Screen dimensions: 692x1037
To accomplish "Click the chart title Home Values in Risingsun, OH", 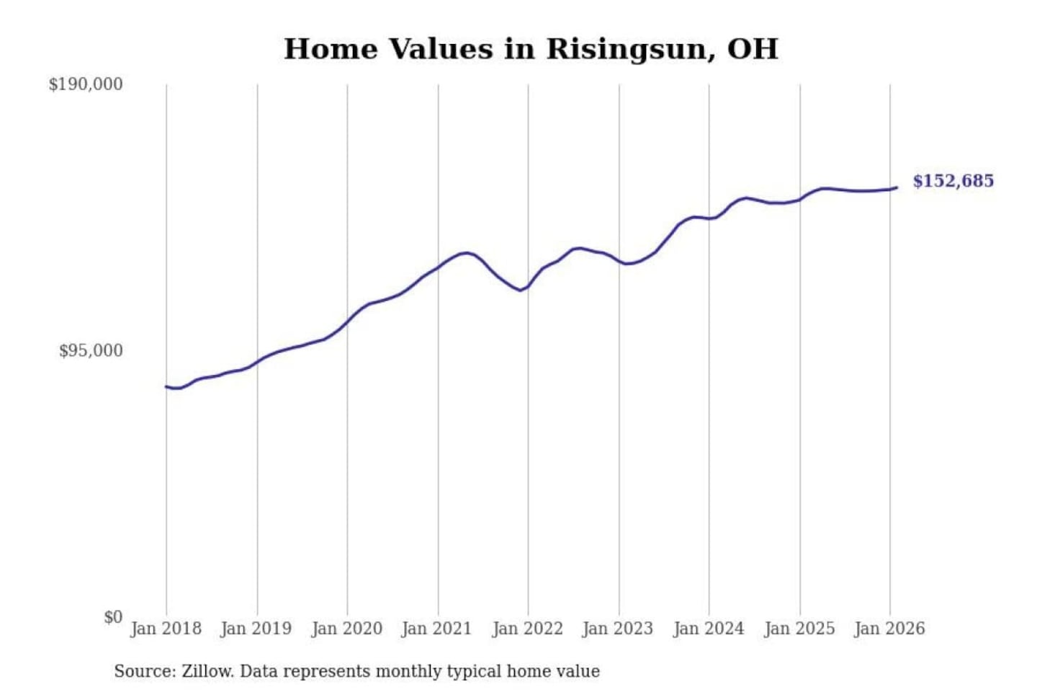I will pyautogui.click(x=531, y=49).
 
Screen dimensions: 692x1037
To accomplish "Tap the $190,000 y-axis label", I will pyautogui.click(x=86, y=84).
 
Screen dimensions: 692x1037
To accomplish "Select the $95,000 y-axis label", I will pyautogui.click(x=91, y=351).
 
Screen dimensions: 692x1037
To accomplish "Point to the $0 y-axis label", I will pyautogui.click(x=112, y=617).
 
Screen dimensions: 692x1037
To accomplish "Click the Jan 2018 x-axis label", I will pyautogui.click(x=166, y=629).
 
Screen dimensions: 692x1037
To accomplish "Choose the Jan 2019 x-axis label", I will pyautogui.click(x=256, y=629).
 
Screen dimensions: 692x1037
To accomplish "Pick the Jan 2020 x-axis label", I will pyautogui.click(x=346, y=629).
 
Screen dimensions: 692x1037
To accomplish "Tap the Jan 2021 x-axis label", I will pyautogui.click(x=436, y=629).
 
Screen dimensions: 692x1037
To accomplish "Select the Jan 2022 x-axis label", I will pyautogui.click(x=527, y=629).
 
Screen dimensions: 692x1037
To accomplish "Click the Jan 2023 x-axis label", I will pyautogui.click(x=617, y=629).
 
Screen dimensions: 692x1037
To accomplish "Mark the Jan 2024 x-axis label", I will pyautogui.click(x=708, y=629).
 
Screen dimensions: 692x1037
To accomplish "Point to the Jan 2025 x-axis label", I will pyautogui.click(x=799, y=629).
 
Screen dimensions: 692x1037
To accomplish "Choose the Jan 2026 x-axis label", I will pyautogui.click(x=889, y=629).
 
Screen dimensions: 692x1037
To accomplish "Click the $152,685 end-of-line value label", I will pyautogui.click(x=953, y=181).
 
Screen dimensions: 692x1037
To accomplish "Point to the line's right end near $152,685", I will pyautogui.click(x=896, y=187).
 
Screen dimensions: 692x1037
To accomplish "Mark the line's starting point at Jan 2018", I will pyautogui.click(x=166, y=386).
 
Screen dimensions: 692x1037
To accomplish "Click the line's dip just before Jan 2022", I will pyautogui.click(x=520, y=290).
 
